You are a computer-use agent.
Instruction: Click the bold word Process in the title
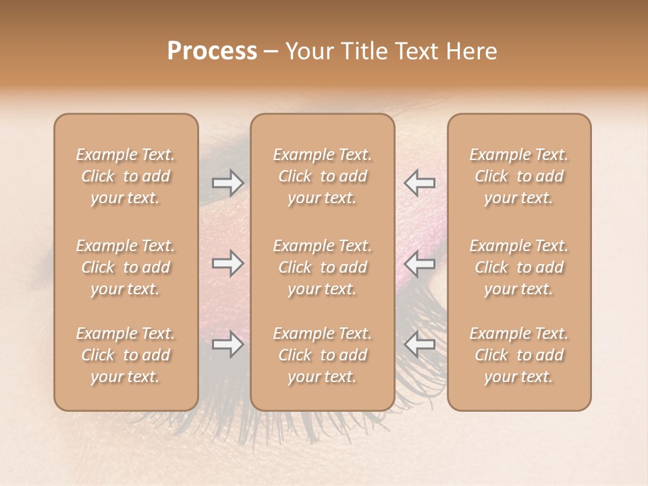click(212, 51)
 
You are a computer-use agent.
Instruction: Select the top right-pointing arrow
click(227, 183)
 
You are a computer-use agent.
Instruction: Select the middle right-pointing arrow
click(227, 263)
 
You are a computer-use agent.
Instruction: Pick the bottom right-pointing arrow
click(227, 344)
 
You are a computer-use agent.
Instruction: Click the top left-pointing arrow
click(419, 183)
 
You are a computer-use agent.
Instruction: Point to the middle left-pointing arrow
click(419, 263)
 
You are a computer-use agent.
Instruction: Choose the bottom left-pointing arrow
click(419, 344)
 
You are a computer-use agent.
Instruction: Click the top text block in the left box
click(126, 176)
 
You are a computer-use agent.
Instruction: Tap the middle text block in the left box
click(126, 267)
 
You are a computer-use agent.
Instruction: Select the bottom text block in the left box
click(126, 355)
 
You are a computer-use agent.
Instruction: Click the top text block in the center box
click(322, 176)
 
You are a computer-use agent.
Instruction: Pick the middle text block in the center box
click(322, 267)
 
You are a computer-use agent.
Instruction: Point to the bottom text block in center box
click(322, 355)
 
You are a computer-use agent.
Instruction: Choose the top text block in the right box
click(519, 176)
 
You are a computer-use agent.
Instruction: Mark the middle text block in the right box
click(519, 267)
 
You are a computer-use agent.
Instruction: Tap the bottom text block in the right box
click(519, 355)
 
